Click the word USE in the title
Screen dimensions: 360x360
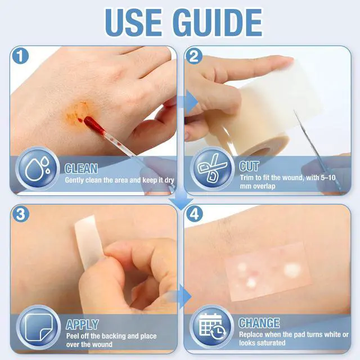[133, 22]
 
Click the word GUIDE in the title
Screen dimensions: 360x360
[218, 22]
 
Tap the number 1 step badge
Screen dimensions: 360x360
[21, 56]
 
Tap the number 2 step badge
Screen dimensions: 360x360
[194, 56]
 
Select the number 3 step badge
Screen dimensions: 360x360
[21, 214]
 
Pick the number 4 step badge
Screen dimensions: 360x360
[195, 214]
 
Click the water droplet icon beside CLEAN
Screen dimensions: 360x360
[38, 169]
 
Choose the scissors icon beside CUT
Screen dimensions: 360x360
[212, 168]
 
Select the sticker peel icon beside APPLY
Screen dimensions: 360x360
[38, 327]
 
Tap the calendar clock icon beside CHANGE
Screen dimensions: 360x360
[212, 327]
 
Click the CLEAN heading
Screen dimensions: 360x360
[81, 169]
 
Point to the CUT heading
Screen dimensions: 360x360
[249, 166]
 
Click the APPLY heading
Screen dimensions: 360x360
[82, 324]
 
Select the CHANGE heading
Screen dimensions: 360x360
[259, 323]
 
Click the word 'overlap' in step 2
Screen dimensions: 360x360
[263, 186]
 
